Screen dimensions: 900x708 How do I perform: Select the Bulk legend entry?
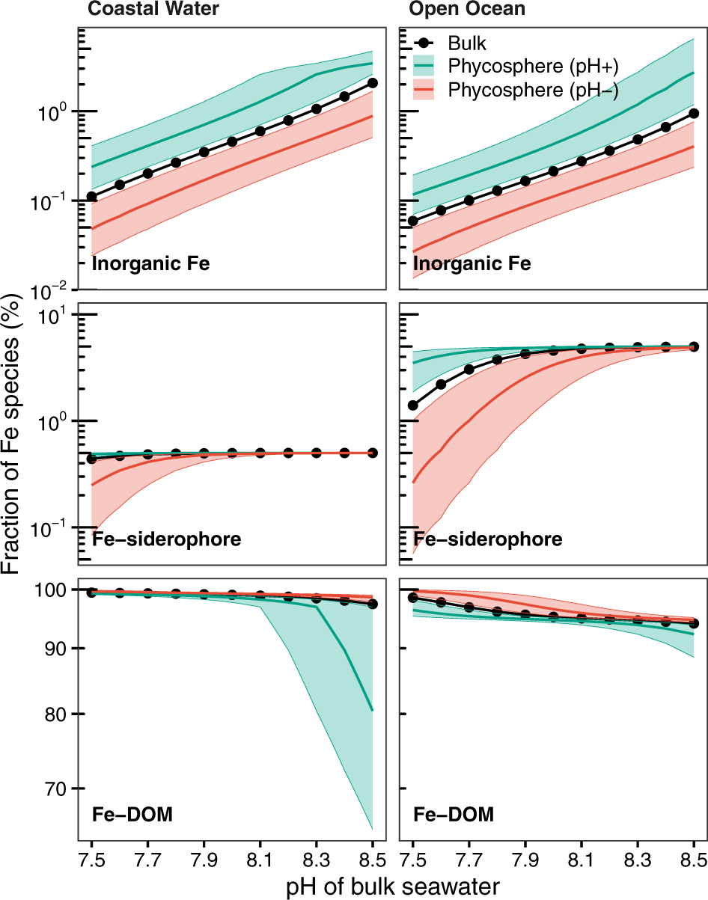pos(467,43)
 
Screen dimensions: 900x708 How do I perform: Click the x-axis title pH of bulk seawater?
pos(393,887)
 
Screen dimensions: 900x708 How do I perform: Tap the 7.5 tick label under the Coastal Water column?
pos(91,857)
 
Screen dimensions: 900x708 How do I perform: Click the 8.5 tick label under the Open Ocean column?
pos(694,857)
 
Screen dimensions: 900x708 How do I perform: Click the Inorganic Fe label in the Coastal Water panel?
pos(150,263)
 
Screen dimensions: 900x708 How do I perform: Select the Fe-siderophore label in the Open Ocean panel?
pos(487,539)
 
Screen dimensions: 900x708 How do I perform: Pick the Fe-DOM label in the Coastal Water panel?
pos(132,815)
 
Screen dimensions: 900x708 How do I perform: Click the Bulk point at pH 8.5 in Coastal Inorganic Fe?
pos(373,83)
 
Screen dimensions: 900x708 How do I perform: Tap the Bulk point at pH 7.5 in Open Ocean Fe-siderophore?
pos(412,405)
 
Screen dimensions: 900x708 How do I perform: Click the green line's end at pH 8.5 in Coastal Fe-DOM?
pos(373,710)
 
